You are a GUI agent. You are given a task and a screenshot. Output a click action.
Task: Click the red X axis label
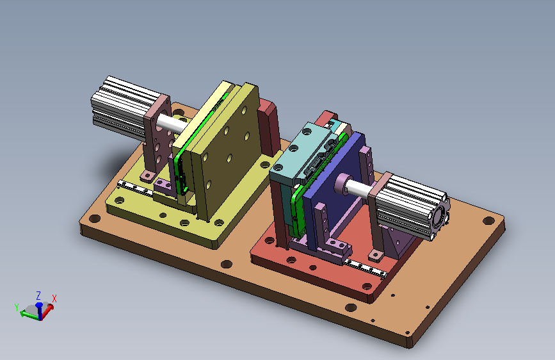[54, 299]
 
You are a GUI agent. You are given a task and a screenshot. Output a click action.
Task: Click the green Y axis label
[17, 307]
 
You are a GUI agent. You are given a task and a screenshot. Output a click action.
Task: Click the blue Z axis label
[38, 295]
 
